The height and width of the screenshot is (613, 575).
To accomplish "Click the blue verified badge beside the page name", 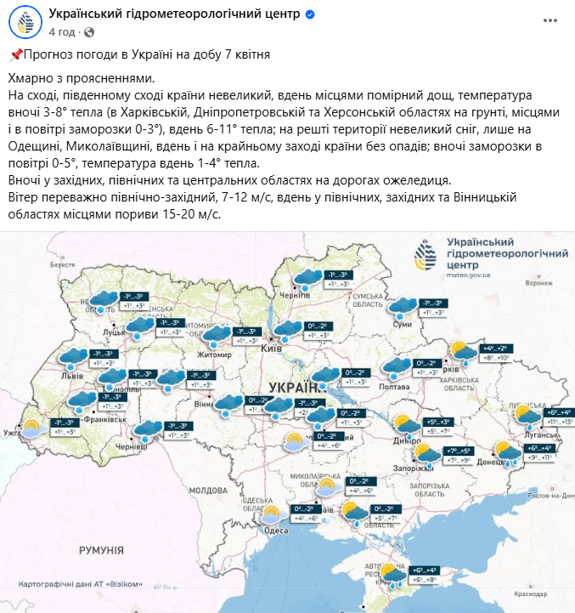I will (x=311, y=15).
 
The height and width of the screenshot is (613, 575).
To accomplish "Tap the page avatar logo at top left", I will (x=25, y=23).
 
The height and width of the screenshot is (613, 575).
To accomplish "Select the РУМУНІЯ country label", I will (x=102, y=551).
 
